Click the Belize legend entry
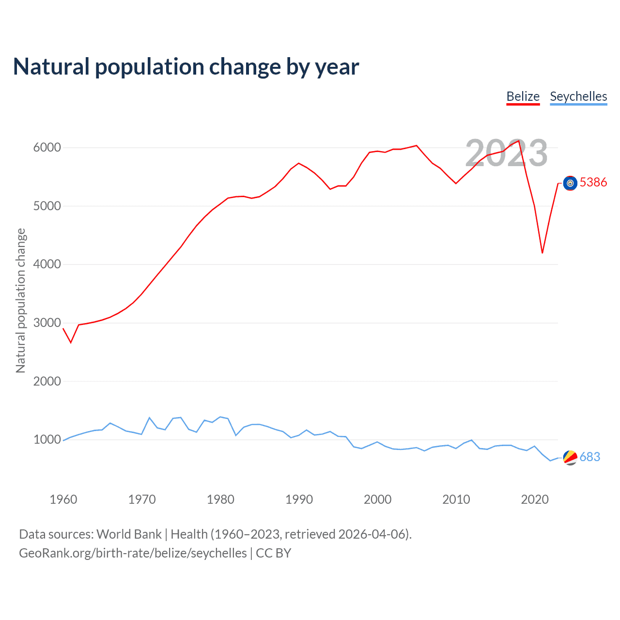coord(523,96)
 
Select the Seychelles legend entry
coord(578,96)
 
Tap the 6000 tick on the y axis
coord(47,148)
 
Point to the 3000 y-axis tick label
coord(47,323)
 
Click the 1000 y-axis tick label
coord(47,440)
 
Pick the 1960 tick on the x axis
coord(63,499)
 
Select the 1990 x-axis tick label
coord(299,499)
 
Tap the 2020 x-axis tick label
coord(535,499)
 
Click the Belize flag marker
coord(570,183)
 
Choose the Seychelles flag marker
coord(570,457)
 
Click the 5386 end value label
coord(593,182)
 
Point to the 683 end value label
coord(590,457)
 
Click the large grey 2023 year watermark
coord(506,153)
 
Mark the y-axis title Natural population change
coord(20,300)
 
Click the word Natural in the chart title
coord(51,67)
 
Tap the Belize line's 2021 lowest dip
coord(542,252)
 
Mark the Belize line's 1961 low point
coord(71,342)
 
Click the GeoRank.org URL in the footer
coord(133,553)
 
